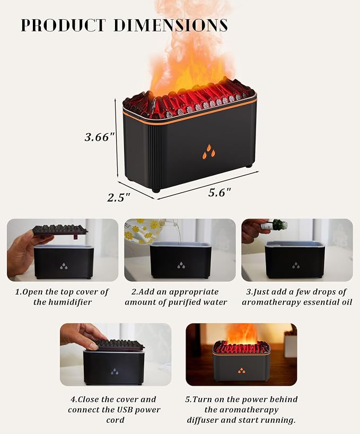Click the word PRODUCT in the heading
click(x=63, y=25)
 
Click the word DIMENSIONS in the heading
click(x=171, y=25)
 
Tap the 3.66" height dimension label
click(x=100, y=137)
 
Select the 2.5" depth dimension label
click(x=119, y=198)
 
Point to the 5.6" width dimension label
click(x=219, y=193)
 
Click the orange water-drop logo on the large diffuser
click(x=209, y=152)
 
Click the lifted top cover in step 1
click(x=60, y=230)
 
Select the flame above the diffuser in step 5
click(x=241, y=334)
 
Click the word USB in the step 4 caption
click(x=126, y=410)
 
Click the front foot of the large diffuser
click(x=156, y=190)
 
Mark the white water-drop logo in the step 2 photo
click(x=181, y=265)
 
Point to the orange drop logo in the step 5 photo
click(x=241, y=370)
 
